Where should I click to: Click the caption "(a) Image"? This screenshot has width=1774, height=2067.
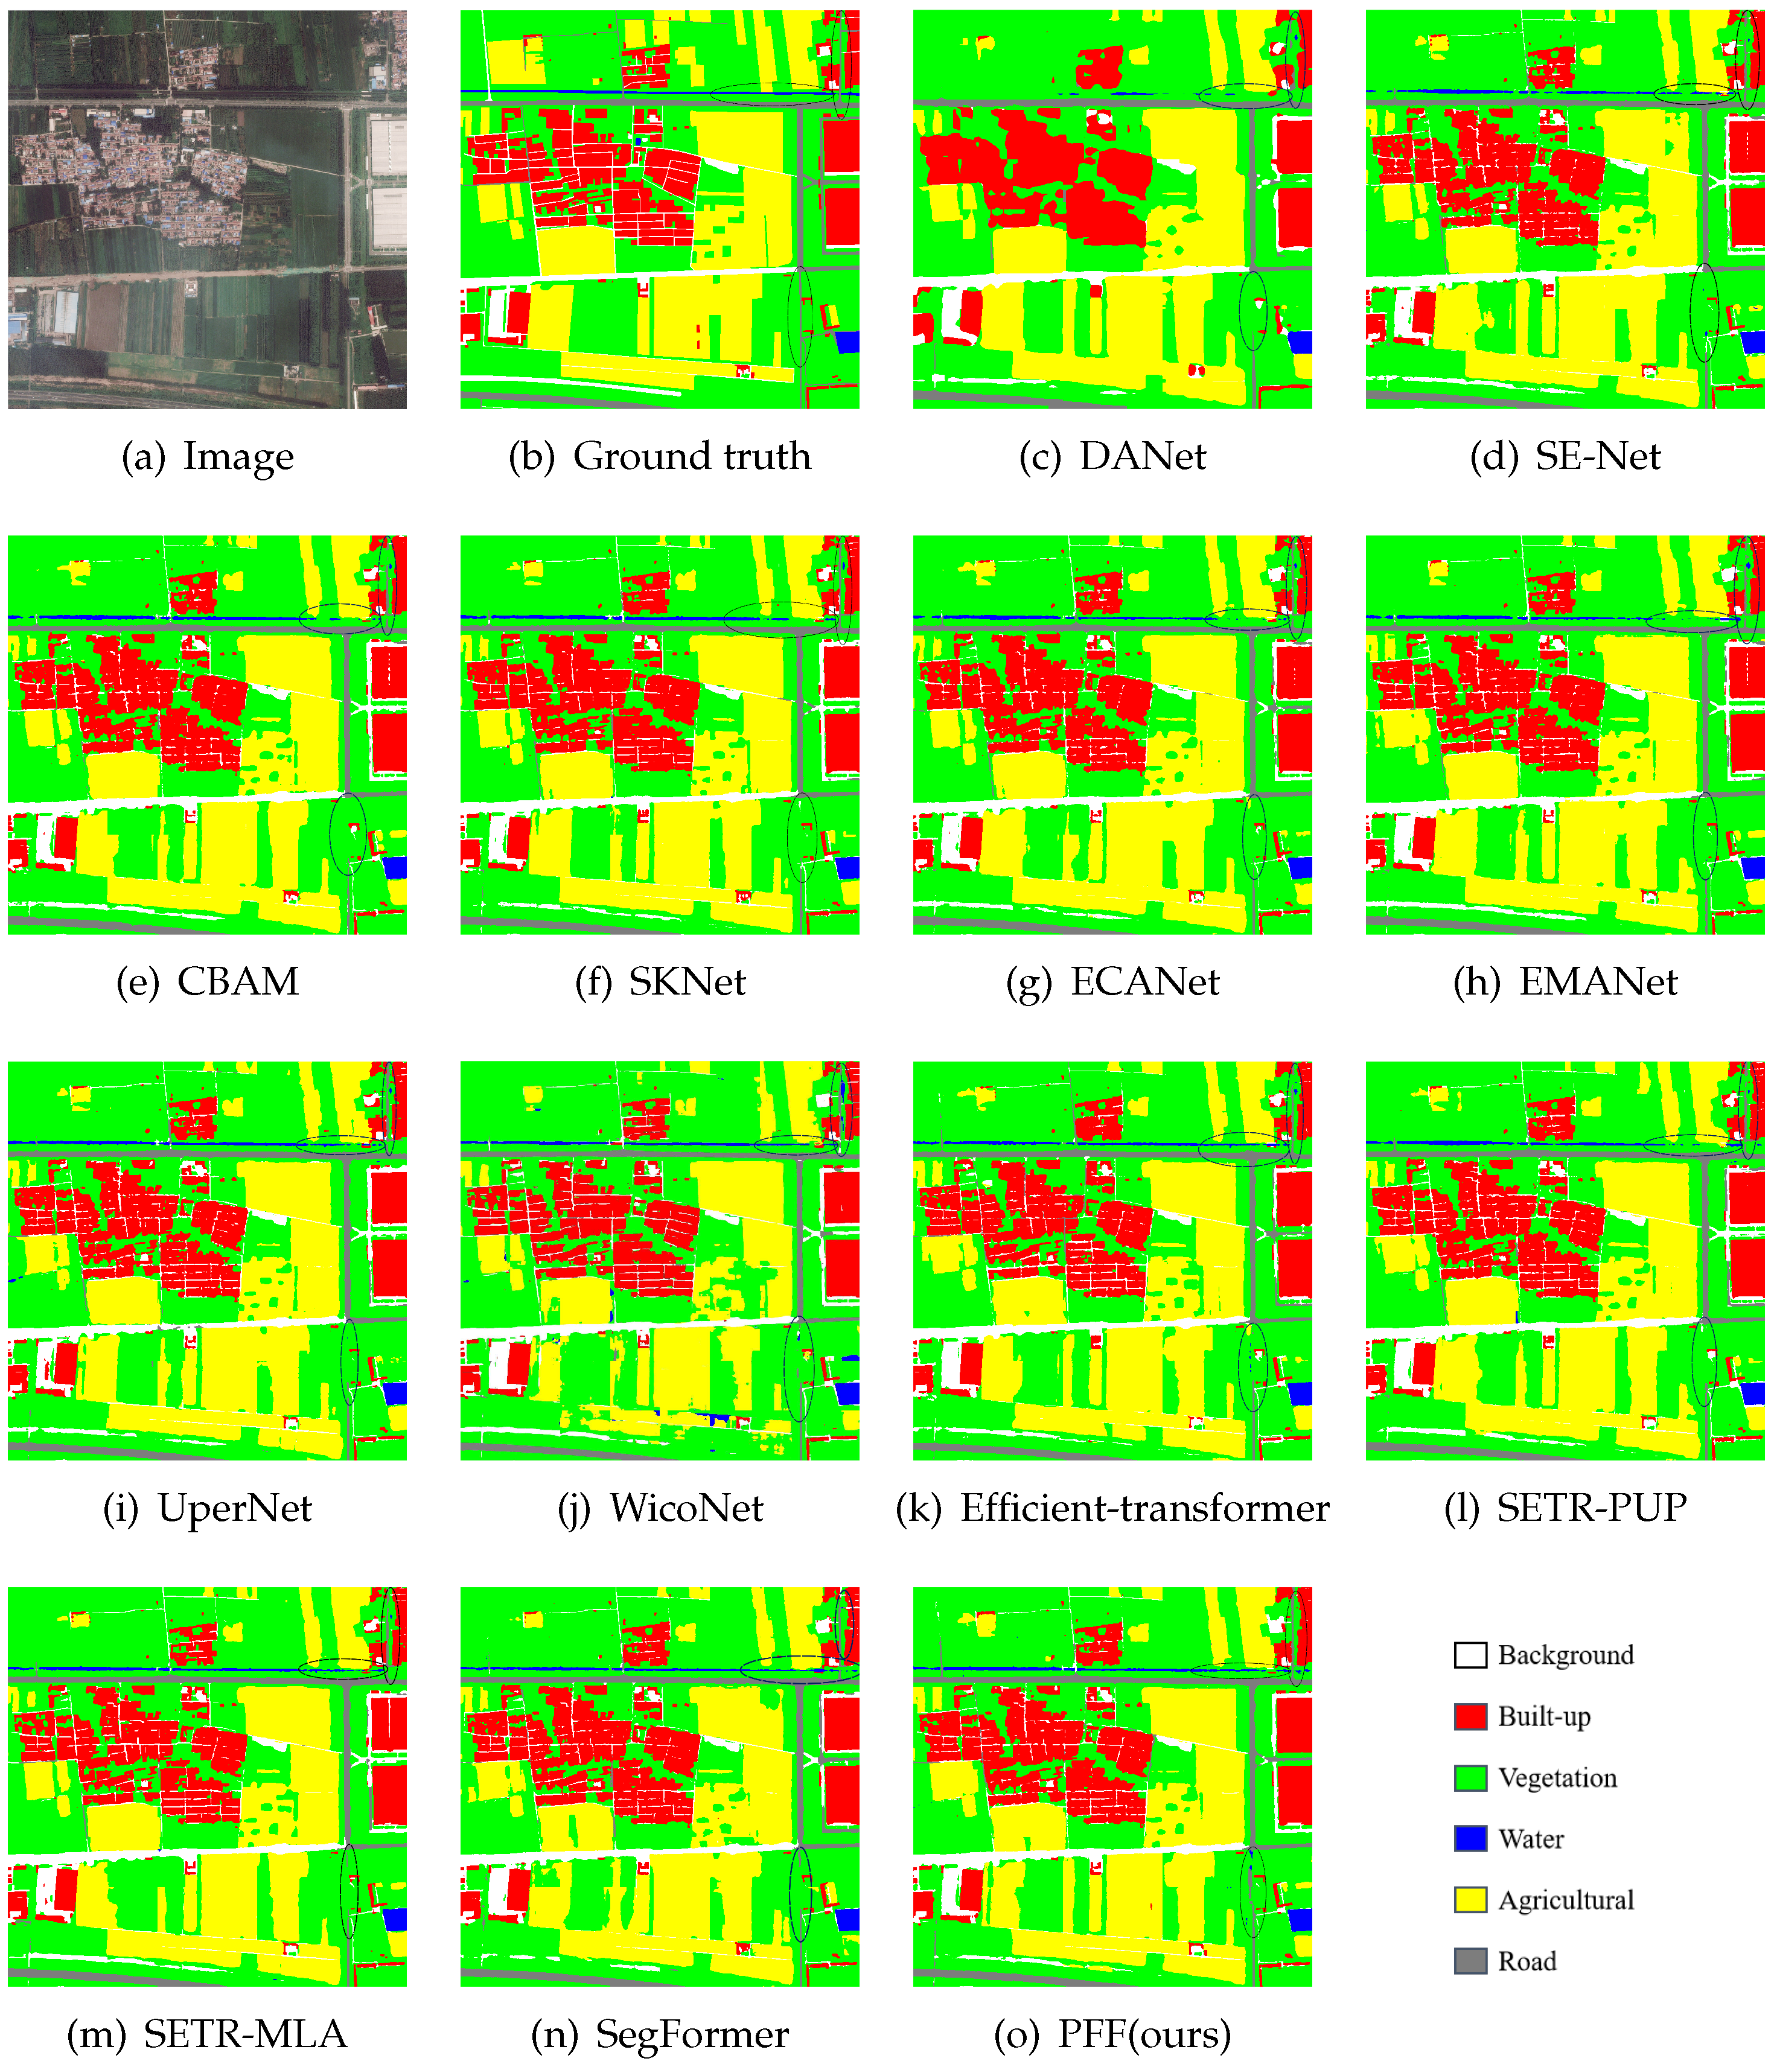point(208,457)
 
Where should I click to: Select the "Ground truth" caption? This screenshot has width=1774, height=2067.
point(660,457)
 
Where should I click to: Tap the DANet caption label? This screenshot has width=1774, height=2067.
point(1112,457)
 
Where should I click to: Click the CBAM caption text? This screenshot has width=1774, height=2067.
point(208,982)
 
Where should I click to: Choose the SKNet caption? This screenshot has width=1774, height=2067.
point(660,982)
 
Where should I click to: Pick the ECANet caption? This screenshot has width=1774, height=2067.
point(1112,982)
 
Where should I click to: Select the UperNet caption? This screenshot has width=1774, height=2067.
point(208,1508)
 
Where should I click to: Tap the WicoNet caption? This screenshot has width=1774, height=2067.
point(660,1508)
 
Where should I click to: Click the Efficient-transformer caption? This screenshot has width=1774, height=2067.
point(1112,1508)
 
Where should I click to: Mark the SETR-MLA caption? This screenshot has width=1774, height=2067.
point(208,2034)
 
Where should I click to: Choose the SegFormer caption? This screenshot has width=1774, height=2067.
point(660,2034)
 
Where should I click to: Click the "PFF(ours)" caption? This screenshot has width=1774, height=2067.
point(1112,2034)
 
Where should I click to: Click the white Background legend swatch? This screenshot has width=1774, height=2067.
point(1470,1655)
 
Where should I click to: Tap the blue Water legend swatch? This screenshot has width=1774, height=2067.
point(1470,1838)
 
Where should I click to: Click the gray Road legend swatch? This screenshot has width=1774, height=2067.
point(1470,1961)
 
